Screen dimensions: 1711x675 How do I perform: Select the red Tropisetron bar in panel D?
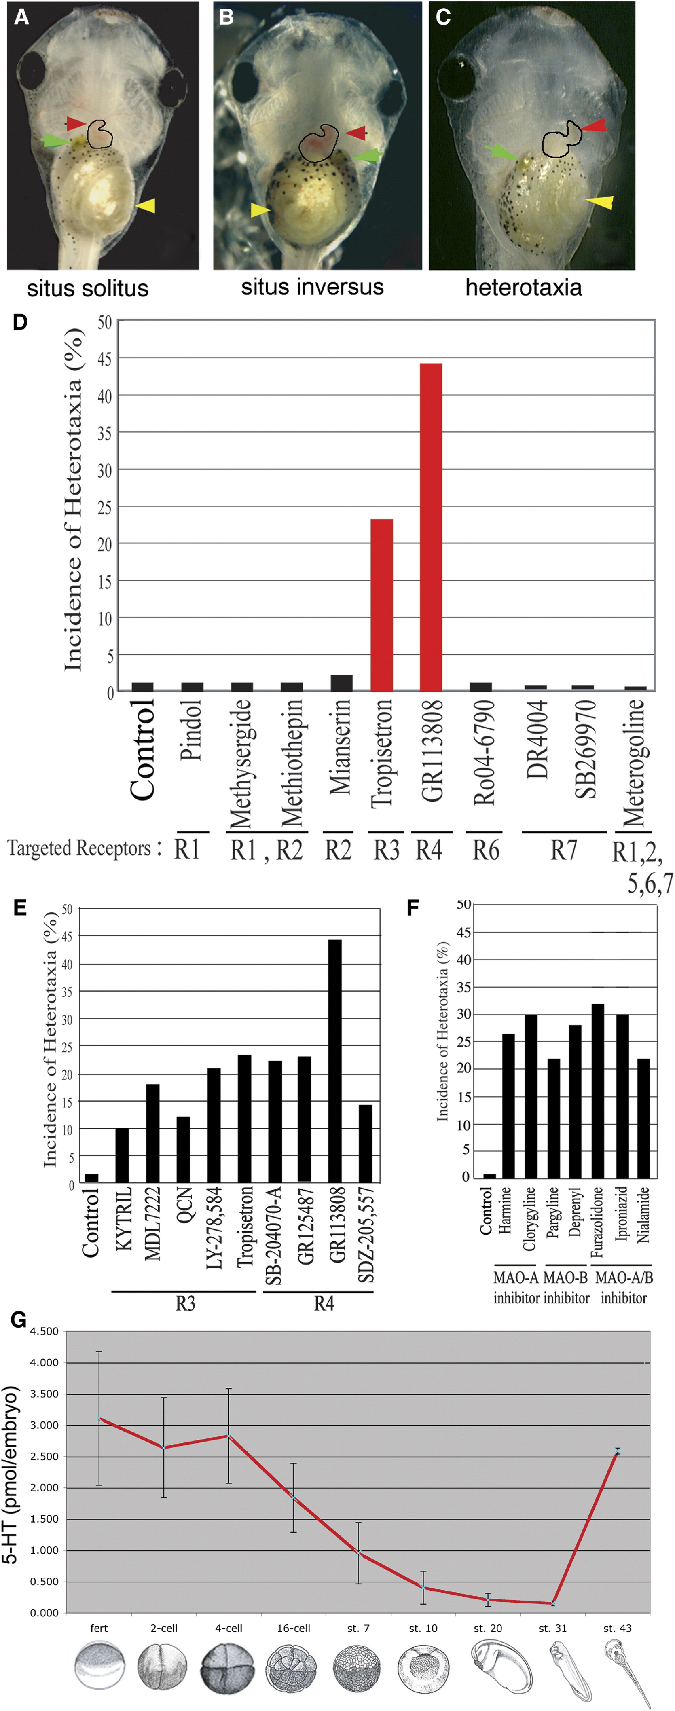pyautogui.click(x=382, y=605)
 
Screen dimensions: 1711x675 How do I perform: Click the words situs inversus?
pyautogui.click(x=312, y=287)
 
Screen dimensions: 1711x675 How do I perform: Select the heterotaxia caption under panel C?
pyautogui.click(x=523, y=287)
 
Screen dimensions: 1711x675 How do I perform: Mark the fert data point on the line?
pyautogui.click(x=99, y=1419)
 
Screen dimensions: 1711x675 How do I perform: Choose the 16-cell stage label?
pyautogui.click(x=293, y=1628)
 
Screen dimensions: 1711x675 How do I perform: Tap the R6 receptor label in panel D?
pyautogui.click(x=485, y=850)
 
